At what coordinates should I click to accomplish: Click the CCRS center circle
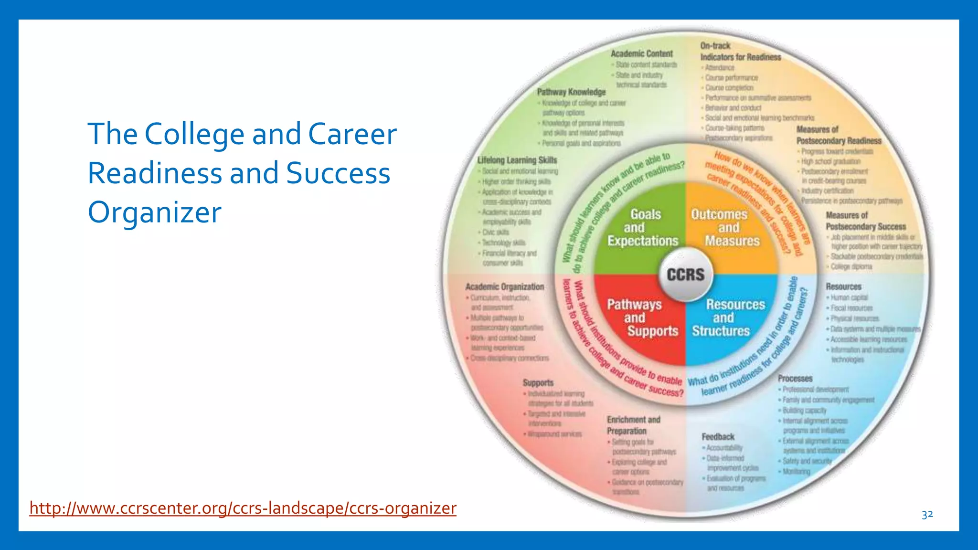click(685, 275)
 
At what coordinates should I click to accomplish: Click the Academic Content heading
click(641, 54)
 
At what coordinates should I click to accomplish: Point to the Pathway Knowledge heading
click(571, 92)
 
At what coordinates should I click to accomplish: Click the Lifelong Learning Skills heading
click(517, 160)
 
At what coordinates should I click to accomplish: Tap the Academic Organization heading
click(505, 287)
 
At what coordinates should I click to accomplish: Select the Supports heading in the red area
click(538, 383)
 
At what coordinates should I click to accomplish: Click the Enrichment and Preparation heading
click(633, 425)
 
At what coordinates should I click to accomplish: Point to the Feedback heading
click(718, 437)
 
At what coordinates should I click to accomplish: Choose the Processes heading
click(795, 379)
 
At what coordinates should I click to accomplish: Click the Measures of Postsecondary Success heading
click(865, 221)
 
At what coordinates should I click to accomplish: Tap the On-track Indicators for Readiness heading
click(740, 52)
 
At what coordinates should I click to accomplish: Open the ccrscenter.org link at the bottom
click(243, 508)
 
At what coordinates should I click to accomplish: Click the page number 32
click(927, 515)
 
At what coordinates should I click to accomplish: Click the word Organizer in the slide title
click(155, 212)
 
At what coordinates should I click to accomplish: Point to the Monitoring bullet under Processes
click(796, 472)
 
